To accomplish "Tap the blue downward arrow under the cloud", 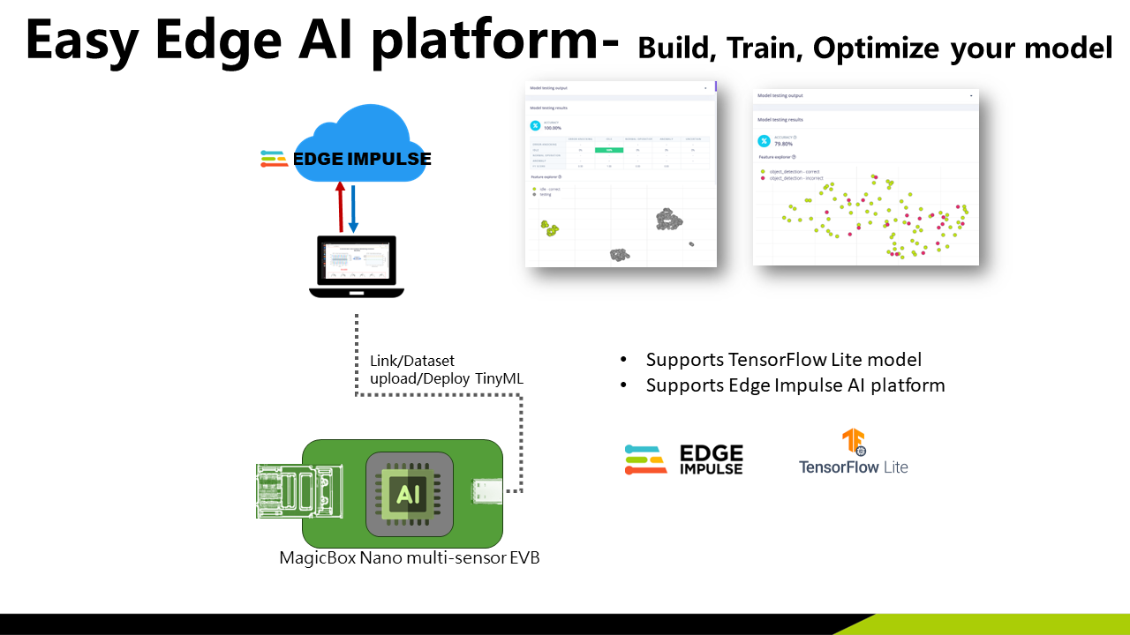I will (353, 208).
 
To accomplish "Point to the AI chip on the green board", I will (409, 494).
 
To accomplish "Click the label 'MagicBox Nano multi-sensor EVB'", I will (409, 557).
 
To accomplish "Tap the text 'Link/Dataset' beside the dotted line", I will (411, 361).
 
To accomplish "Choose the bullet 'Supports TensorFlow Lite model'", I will (784, 360).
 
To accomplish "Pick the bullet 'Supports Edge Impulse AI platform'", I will (795, 385).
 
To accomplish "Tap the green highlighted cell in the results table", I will (609, 150).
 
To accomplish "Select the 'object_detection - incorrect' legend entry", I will (796, 178).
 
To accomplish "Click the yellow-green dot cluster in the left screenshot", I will (551, 230).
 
